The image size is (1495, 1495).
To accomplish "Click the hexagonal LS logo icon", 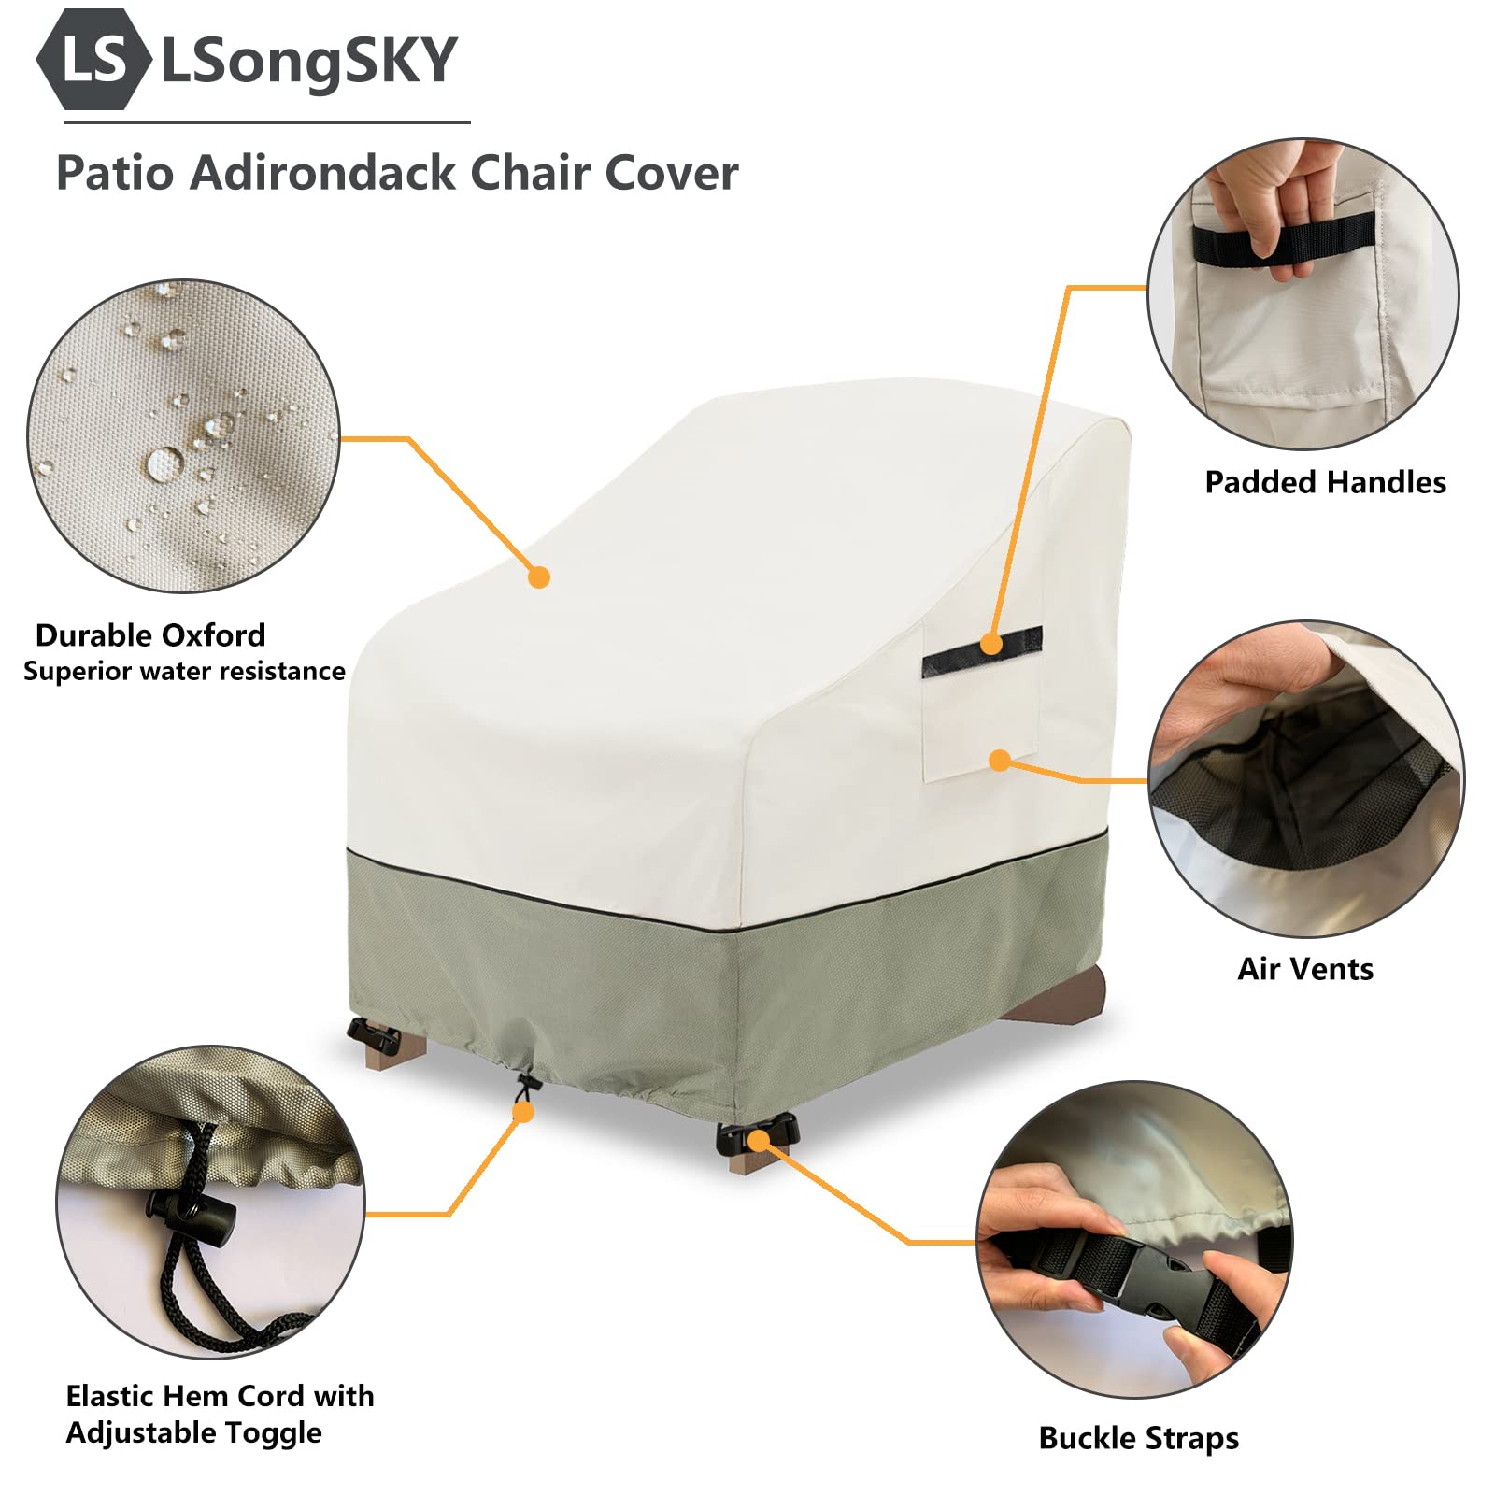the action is pyautogui.click(x=93, y=59).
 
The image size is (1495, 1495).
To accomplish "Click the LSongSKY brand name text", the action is pyautogui.click(x=309, y=61).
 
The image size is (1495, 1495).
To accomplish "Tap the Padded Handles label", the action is pyautogui.click(x=1325, y=482).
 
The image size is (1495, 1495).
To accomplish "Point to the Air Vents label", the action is pyautogui.click(x=1305, y=969).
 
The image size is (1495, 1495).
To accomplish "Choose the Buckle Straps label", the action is pyautogui.click(x=1139, y=1438).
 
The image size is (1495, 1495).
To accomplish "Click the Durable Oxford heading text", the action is pyautogui.click(x=150, y=635).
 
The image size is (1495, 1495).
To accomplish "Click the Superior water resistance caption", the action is pyautogui.click(x=184, y=671).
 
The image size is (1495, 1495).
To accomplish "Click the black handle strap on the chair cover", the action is pyautogui.click(x=981, y=651).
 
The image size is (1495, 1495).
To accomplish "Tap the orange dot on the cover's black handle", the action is pyautogui.click(x=991, y=644).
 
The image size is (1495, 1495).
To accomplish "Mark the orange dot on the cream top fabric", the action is pyautogui.click(x=539, y=577).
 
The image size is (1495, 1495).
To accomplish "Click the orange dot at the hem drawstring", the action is pyautogui.click(x=524, y=1112).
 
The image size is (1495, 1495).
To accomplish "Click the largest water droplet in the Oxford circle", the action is pyautogui.click(x=165, y=463).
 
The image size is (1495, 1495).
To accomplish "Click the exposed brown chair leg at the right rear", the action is pyautogui.click(x=1057, y=996).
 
